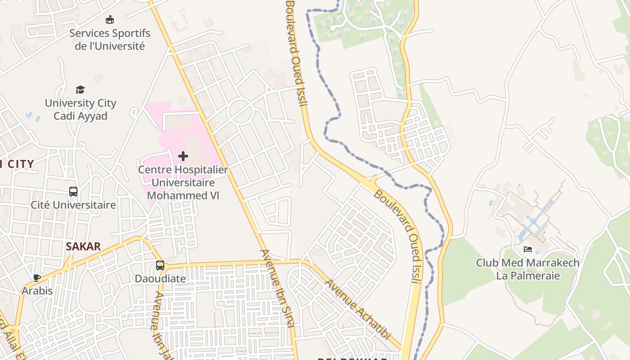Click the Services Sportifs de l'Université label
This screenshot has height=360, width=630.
click(x=110, y=40)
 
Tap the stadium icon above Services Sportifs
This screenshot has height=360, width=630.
click(x=110, y=20)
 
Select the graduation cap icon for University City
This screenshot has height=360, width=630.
click(x=80, y=90)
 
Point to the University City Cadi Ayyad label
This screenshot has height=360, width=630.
click(x=81, y=109)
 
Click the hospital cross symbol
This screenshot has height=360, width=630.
click(x=183, y=156)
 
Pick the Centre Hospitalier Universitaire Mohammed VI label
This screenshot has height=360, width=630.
click(x=183, y=183)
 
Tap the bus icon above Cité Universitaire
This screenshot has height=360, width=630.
click(x=73, y=192)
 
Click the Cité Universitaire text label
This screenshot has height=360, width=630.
click(x=73, y=205)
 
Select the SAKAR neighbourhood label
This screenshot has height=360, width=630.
click(x=83, y=247)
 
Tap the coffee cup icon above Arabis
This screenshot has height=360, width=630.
click(x=37, y=278)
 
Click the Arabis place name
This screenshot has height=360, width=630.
click(x=37, y=291)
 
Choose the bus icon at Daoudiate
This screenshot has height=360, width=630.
click(x=160, y=265)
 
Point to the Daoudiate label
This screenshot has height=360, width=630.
click(x=160, y=279)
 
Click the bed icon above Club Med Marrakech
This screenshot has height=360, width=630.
click(x=528, y=249)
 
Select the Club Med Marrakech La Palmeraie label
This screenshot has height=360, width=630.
click(x=528, y=269)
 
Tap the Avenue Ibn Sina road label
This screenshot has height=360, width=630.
click(x=278, y=288)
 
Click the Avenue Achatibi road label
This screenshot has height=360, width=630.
click(x=358, y=310)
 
